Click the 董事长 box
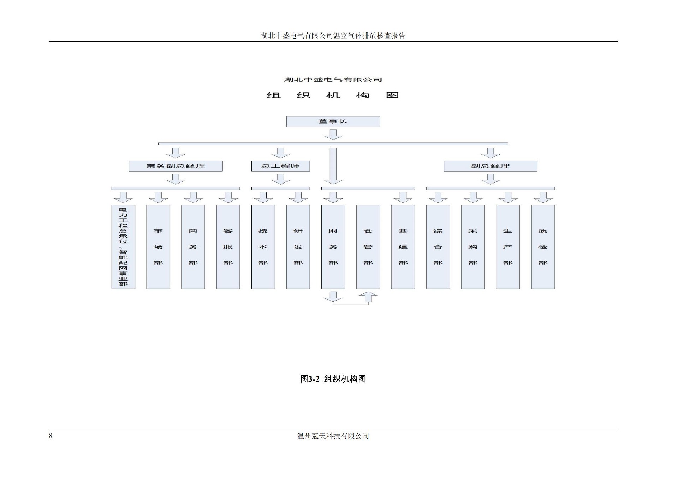point(333,121)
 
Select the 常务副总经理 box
point(176,166)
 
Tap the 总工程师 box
point(280,166)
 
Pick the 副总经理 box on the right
point(490,166)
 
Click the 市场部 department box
point(158,247)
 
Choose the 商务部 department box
point(193,247)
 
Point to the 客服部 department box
point(228,247)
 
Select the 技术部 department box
point(263,247)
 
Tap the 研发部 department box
point(298,247)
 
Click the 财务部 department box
point(333,247)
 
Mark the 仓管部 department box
point(368,247)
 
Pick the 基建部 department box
point(403,247)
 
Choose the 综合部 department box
point(438,247)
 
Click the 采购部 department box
point(473,247)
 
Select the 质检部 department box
point(543,247)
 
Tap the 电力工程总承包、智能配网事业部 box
point(123,247)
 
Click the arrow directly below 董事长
point(333,134)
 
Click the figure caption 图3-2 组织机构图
point(333,379)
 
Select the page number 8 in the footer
point(50,436)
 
